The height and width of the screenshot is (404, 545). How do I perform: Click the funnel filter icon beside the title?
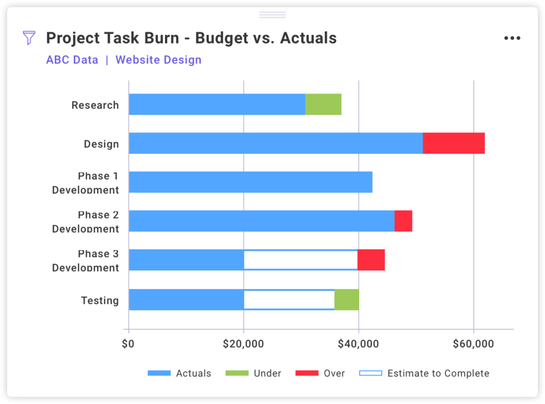click(x=29, y=38)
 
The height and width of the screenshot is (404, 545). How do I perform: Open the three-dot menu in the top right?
click(x=512, y=38)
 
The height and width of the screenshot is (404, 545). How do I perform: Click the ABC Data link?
click(x=72, y=60)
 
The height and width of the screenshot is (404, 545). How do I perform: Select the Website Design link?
click(x=159, y=60)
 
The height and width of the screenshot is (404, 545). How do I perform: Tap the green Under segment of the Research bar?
click(x=323, y=104)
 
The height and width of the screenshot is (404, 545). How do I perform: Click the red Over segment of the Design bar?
click(x=453, y=143)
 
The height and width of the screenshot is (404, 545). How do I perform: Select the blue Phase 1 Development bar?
click(x=250, y=182)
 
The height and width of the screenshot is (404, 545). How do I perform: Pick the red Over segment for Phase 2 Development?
click(x=403, y=221)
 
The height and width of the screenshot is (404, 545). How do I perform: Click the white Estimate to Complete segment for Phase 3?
click(x=301, y=260)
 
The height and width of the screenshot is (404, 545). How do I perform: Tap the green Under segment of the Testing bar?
click(x=346, y=299)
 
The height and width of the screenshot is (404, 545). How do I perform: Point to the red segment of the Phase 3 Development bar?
click(x=371, y=260)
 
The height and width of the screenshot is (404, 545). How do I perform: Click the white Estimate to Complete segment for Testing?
click(x=289, y=299)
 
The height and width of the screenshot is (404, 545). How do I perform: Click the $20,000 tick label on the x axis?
click(x=243, y=344)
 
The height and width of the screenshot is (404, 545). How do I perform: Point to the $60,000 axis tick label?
click(x=473, y=344)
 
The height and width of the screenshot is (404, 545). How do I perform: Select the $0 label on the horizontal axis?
click(x=128, y=344)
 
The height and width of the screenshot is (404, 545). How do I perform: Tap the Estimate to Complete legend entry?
click(x=424, y=373)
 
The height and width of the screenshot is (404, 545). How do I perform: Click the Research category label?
click(x=95, y=105)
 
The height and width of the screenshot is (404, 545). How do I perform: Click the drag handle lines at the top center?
click(x=272, y=14)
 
